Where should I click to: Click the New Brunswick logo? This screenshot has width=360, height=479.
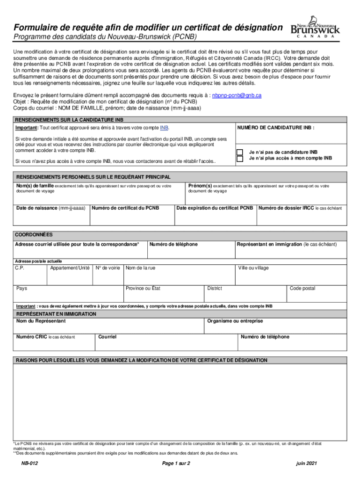pyautogui.click(x=315, y=29)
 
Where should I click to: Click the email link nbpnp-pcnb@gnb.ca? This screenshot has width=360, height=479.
pyautogui.click(x=237, y=95)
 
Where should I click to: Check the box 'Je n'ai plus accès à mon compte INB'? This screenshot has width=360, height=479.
pyautogui.click(x=240, y=159)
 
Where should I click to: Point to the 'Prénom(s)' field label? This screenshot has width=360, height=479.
pyautogui.click(x=200, y=186)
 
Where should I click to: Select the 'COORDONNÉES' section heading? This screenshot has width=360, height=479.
pyautogui.click(x=34, y=234)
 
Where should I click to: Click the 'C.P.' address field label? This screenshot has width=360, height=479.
pyautogui.click(x=20, y=268)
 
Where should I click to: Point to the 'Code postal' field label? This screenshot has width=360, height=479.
pyautogui.click(x=302, y=289)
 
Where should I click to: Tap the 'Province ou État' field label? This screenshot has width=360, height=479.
pyautogui.click(x=143, y=289)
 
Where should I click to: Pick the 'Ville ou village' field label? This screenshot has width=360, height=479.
pyautogui.click(x=253, y=268)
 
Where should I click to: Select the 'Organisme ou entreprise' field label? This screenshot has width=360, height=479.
pyautogui.click(x=235, y=321)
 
